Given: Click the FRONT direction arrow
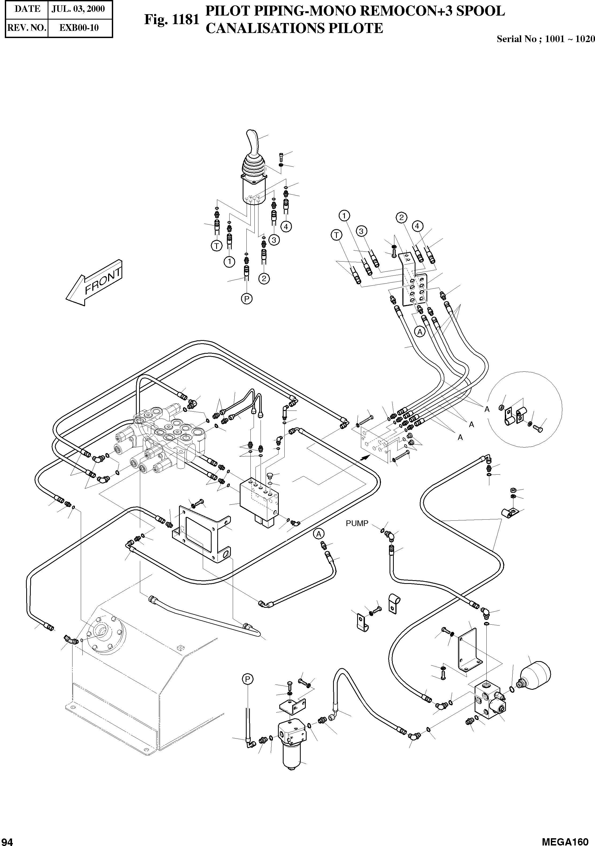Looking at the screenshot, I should coord(94,283).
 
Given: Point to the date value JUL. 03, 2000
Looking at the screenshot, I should coord(78,9).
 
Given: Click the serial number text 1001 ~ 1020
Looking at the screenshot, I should coord(570,39).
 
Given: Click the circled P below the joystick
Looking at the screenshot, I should coord(247,299).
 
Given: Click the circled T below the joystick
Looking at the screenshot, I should coord(217,246).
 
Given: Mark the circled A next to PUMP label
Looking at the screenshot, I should coord(319,534).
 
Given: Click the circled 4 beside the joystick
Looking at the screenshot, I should coord(286,226).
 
